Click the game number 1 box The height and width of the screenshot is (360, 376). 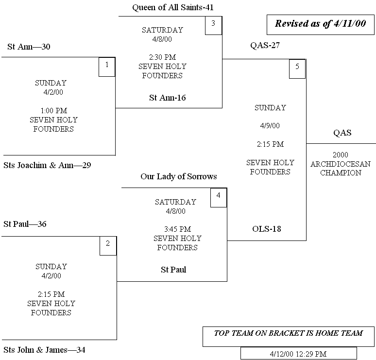[x=107, y=67]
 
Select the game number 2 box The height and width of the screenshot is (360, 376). [x=108, y=246]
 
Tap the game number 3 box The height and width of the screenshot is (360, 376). [x=213, y=26]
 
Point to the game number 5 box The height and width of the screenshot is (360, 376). [x=297, y=69]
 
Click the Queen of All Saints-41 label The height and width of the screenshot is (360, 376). [x=173, y=8]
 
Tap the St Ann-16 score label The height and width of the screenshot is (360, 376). [x=167, y=98]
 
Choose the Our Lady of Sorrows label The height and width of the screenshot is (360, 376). [x=178, y=176]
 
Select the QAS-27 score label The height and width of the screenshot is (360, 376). [x=265, y=46]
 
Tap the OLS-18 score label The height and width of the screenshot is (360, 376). [x=266, y=229]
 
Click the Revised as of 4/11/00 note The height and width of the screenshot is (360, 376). [x=320, y=24]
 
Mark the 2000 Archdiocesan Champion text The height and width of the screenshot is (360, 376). [x=340, y=164]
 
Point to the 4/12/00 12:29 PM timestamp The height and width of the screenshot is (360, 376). [x=298, y=353]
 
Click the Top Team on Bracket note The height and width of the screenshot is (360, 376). [x=289, y=333]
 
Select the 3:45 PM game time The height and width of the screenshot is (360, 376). [x=177, y=229]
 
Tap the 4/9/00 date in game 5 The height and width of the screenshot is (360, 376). [x=270, y=126]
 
